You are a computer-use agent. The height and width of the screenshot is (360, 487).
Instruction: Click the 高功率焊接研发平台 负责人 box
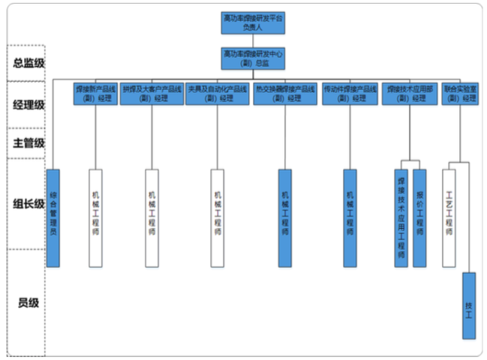pyautogui.click(x=253, y=22)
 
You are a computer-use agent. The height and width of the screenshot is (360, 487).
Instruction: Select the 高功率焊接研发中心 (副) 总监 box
pyautogui.click(x=253, y=58)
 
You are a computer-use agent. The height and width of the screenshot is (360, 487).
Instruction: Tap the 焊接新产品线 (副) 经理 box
pyautogui.click(x=95, y=93)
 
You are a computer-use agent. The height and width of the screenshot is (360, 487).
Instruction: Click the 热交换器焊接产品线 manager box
pyautogui.click(x=285, y=93)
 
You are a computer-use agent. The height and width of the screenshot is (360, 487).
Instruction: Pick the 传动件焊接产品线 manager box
pyautogui.click(x=349, y=93)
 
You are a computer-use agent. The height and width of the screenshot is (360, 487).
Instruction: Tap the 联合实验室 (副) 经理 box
pyautogui.click(x=460, y=93)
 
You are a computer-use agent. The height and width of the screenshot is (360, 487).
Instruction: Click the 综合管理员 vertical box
pyautogui.click(x=53, y=217)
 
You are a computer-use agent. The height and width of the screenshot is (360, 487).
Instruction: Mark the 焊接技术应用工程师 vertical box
pyautogui.click(x=401, y=217)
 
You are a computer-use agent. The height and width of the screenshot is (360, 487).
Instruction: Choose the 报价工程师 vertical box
pyautogui.click(x=419, y=217)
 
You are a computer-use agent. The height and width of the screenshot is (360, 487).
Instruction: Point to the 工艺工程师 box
pyautogui.click(x=449, y=217)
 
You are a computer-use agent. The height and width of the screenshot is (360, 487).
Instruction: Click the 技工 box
pyautogui.click(x=469, y=305)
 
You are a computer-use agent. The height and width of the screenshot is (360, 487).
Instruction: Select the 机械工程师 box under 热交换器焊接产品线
pyautogui.click(x=285, y=217)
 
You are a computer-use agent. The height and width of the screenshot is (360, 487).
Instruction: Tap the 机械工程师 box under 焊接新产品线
pyautogui.click(x=95, y=217)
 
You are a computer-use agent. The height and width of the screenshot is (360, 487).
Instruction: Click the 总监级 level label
pyautogui.click(x=29, y=63)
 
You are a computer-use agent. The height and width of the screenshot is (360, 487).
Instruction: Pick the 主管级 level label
pyautogui.click(x=29, y=142)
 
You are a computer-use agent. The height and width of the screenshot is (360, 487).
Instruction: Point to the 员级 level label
pyautogui.click(x=29, y=303)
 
